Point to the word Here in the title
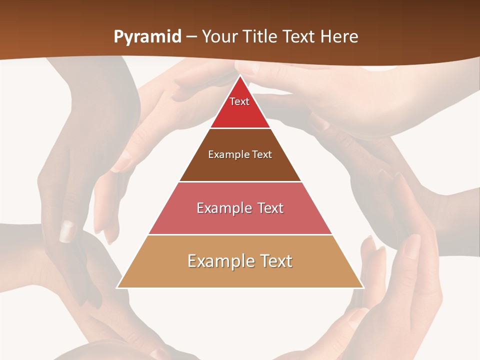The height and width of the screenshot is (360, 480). point(339,37)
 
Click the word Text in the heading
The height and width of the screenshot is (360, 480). point(300,37)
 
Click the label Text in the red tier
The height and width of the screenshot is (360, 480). point(239,101)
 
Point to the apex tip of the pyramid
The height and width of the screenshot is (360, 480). point(240,75)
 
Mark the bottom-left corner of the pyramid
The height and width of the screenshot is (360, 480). point(117,287)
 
